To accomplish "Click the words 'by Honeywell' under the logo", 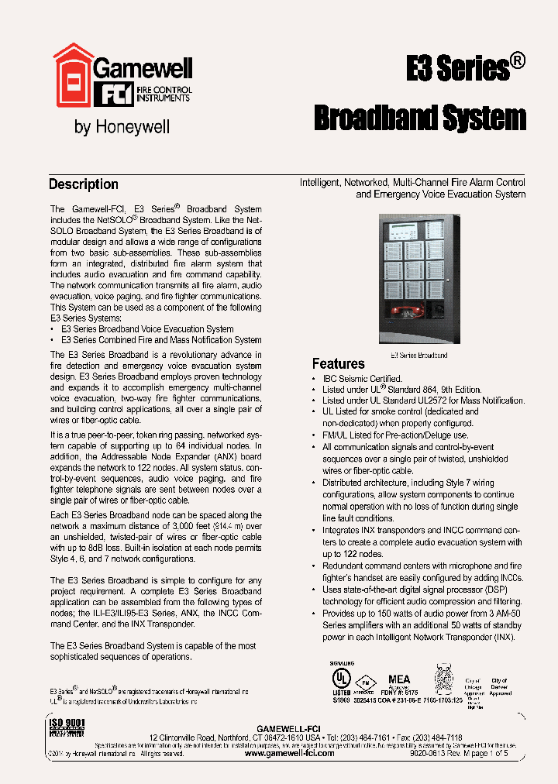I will coord(122,126).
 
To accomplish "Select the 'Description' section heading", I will coord(84,184).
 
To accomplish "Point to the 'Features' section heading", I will coord(338,363).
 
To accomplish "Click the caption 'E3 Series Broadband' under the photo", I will coord(418,355).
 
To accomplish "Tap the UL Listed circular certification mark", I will coord(342,676).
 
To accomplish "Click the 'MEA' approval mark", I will coord(398,679).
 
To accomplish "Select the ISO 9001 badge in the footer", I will coord(67,731).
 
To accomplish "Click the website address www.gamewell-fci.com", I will coord(289,753).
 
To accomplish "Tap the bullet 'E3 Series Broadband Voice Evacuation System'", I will coord(147,328).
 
